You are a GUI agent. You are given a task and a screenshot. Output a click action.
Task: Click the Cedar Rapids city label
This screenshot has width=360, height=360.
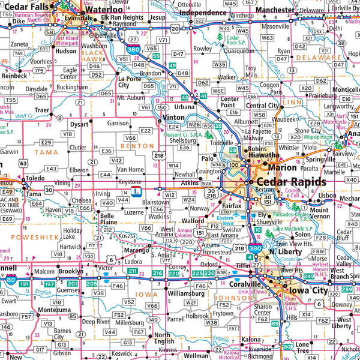pos(292,182)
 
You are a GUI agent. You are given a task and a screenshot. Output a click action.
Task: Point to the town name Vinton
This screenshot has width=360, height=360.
pos(173,118)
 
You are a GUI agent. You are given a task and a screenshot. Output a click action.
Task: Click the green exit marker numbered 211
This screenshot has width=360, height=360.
pos(133,272)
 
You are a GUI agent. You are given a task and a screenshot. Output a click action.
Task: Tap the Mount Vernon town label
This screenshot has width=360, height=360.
pos(319,214)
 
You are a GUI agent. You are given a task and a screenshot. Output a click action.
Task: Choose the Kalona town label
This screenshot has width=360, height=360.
pos(251,339)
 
